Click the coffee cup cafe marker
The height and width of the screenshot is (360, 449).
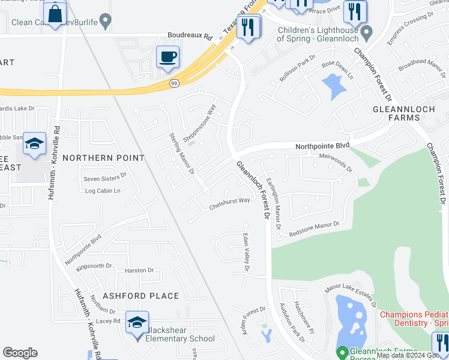coord(167,57)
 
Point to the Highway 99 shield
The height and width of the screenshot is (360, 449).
coord(174,83)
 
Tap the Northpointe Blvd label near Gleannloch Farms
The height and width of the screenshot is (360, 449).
coord(322,146)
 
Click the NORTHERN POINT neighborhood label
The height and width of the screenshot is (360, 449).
coord(103,158)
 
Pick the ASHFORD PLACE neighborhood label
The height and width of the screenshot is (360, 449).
coord(140,296)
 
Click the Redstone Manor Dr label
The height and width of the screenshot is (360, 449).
coord(314,228)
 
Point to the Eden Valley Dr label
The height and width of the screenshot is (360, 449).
coord(246,256)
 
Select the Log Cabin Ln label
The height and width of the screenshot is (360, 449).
coord(103,191)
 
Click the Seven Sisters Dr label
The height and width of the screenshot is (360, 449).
coord(105,178)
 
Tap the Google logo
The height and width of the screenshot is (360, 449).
coord(20,353)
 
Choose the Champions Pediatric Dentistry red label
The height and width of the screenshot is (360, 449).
coord(414,319)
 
